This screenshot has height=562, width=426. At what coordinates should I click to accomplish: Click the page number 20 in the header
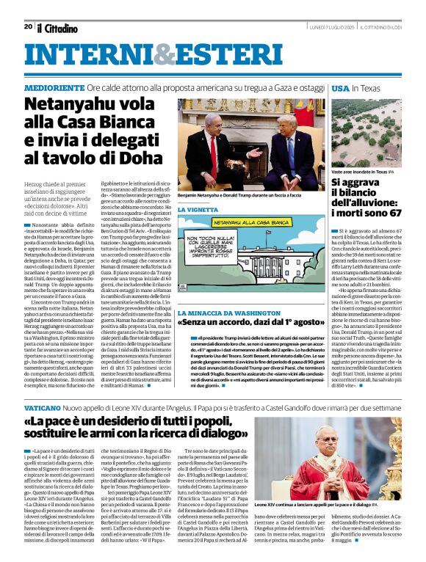click(x=28, y=26)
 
